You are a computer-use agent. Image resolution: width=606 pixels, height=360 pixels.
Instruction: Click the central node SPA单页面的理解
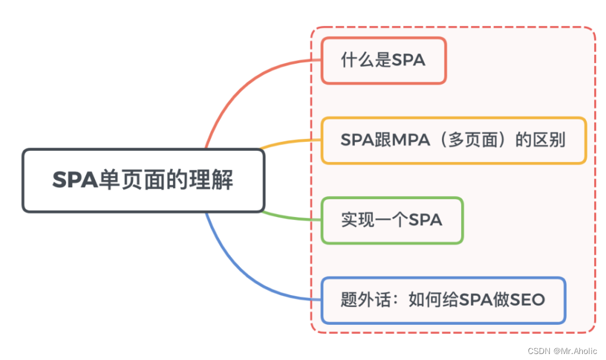[x=143, y=180]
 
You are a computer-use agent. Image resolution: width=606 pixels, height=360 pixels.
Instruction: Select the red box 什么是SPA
[x=383, y=60]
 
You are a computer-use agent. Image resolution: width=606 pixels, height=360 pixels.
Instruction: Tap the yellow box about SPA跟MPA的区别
[x=453, y=141]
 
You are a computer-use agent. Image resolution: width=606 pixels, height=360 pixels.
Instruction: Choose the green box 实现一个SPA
[x=392, y=220]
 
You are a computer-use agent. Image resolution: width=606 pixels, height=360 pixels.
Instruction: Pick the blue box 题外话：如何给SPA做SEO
[x=443, y=300]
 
